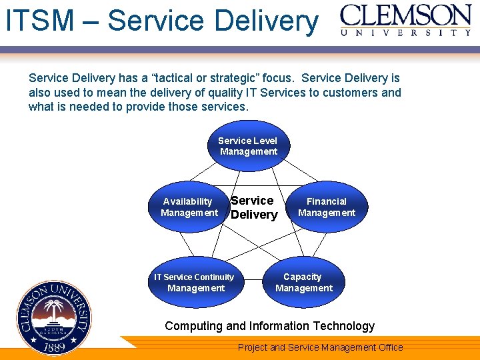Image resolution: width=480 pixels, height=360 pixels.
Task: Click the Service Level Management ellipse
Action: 248,146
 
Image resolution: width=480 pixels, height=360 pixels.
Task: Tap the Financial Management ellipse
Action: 327,207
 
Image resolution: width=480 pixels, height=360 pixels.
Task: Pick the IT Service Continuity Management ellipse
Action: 195,282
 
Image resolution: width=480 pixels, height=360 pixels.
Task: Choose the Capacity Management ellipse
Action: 303,282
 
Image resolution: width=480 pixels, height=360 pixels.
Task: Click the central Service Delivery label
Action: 253,207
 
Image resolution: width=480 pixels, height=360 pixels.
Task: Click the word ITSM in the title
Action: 39,20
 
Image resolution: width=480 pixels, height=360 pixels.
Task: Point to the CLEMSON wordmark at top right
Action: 406,15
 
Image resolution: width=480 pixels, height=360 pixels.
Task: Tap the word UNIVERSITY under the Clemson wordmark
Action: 406,32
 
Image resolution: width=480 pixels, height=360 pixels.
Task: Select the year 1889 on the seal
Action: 54,347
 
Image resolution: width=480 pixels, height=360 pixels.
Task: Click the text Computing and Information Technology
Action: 269,326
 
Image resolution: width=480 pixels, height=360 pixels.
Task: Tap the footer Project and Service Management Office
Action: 320,347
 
